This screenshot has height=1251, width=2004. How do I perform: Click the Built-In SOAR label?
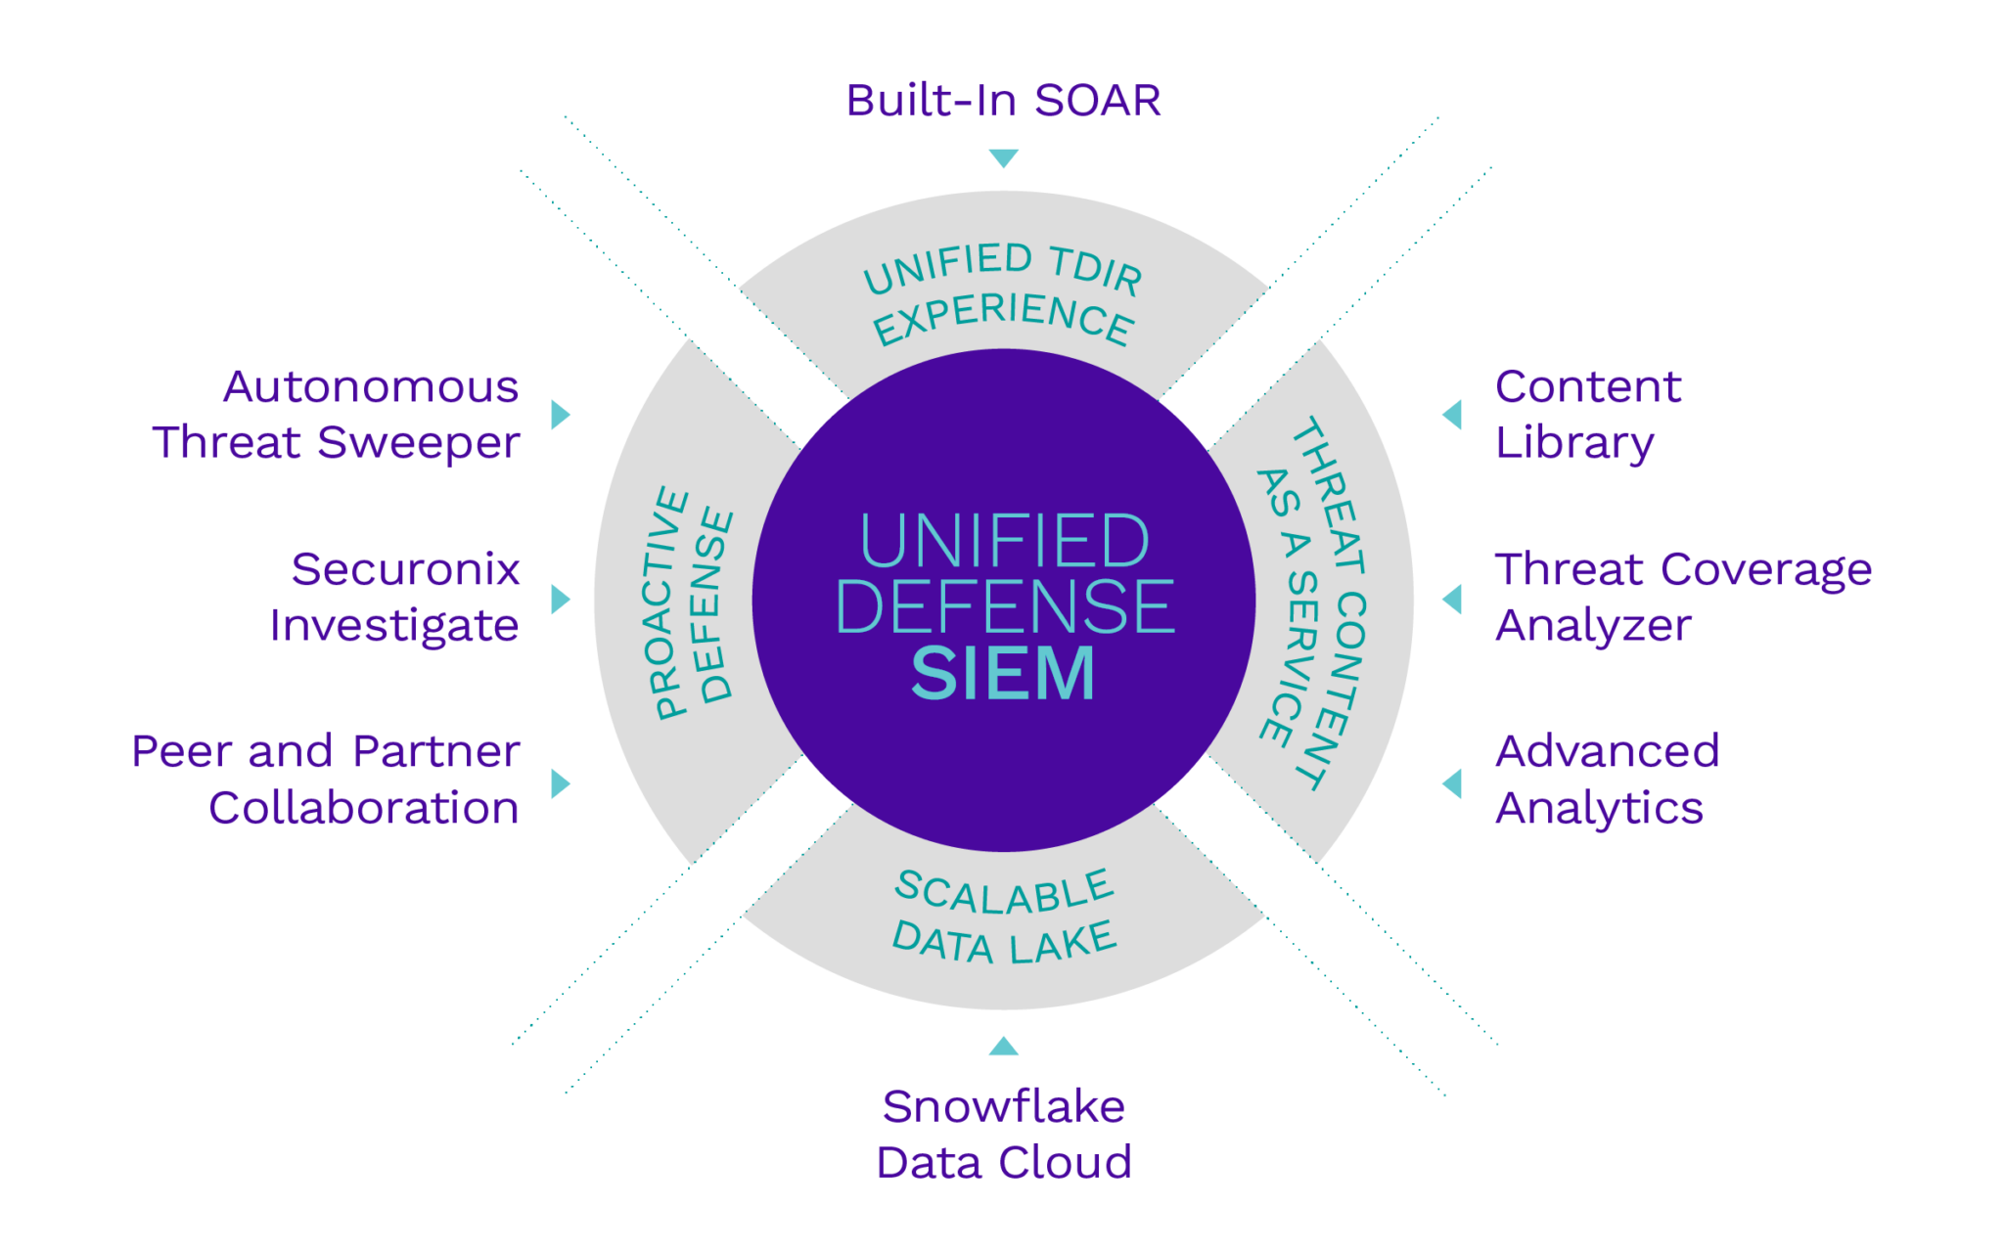(x=1003, y=101)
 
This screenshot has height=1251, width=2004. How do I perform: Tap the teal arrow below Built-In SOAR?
(x=1003, y=156)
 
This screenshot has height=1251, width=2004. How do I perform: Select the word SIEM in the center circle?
(x=1003, y=674)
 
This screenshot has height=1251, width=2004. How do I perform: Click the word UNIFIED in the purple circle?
(x=1004, y=541)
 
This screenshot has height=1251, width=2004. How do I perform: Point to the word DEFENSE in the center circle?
(x=1004, y=606)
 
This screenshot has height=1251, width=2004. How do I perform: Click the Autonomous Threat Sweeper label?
(x=338, y=415)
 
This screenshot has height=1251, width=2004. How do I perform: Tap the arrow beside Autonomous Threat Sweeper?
(x=560, y=415)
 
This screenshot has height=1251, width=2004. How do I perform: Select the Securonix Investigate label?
(x=396, y=598)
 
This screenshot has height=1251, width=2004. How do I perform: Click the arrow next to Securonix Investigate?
(x=560, y=599)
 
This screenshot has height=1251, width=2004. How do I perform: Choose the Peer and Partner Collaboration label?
(x=328, y=781)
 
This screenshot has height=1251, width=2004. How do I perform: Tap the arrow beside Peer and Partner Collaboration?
(x=560, y=783)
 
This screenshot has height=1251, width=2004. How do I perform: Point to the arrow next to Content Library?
(x=1453, y=415)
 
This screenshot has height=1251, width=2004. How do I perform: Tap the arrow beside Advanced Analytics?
(x=1453, y=783)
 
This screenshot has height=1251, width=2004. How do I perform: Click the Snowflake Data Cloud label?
(x=1004, y=1135)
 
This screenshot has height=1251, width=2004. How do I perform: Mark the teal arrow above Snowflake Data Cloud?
(x=1003, y=1047)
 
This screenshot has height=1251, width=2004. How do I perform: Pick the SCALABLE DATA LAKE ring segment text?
(x=1004, y=917)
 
